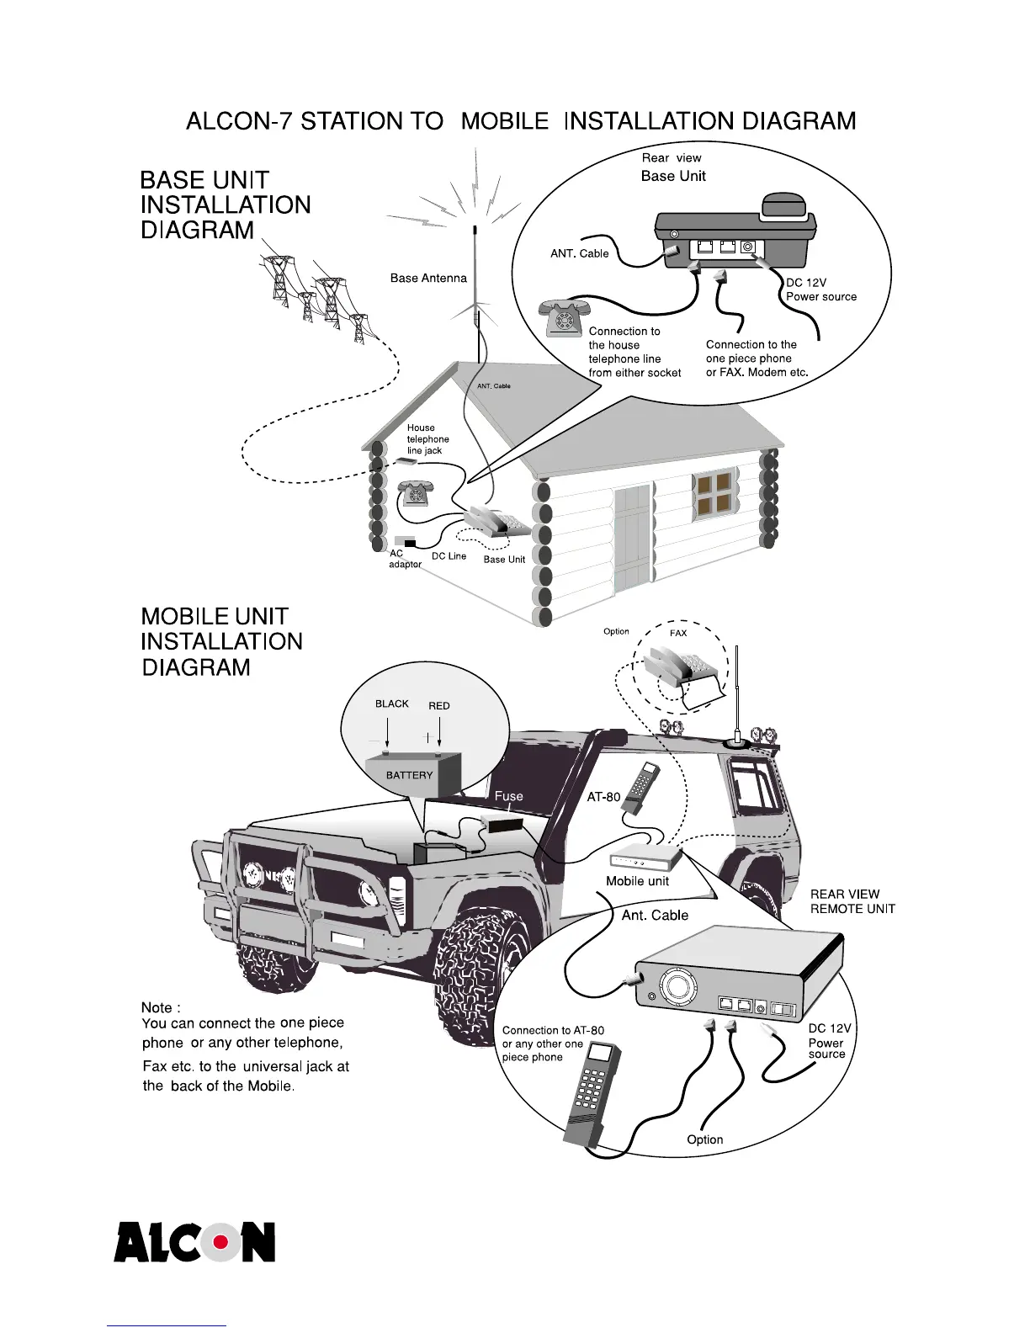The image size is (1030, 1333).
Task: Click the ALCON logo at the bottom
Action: point(194,1241)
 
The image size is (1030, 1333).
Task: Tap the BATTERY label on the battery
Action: point(409,775)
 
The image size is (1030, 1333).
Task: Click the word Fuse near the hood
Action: point(508,795)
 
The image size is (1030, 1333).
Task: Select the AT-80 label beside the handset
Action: point(603,796)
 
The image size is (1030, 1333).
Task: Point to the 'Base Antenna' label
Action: point(428,278)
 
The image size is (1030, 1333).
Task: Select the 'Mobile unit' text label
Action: point(637,881)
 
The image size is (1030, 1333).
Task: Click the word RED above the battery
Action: point(439,705)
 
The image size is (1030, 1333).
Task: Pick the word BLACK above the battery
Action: point(391,704)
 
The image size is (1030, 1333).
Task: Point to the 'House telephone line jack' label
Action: point(427,439)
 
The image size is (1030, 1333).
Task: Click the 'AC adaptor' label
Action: point(404,559)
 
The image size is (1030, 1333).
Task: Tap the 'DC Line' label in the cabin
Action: point(449,556)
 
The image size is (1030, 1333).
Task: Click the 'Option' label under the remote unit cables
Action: point(704,1139)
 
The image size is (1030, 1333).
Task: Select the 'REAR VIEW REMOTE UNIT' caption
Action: point(852,901)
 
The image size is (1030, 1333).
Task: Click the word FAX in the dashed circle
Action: point(678,633)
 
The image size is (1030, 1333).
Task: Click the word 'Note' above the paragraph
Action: point(160,1007)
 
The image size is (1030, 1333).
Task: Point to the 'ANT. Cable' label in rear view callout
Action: point(579,253)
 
